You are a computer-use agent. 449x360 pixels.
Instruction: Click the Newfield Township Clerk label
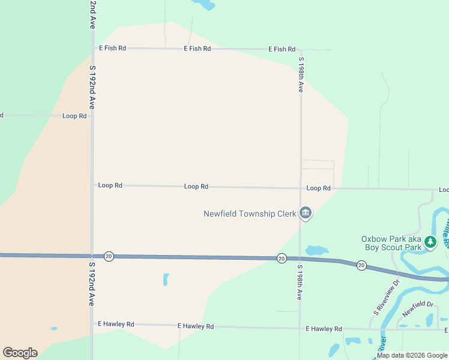pyautogui.click(x=250, y=214)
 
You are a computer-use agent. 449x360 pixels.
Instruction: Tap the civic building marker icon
pyautogui.click(x=306, y=214)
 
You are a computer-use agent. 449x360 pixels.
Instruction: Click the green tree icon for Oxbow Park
pyautogui.click(x=430, y=242)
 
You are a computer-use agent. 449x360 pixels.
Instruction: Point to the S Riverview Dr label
pyautogui.click(x=386, y=298)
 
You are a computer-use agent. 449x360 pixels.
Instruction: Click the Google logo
pyautogui.click(x=20, y=353)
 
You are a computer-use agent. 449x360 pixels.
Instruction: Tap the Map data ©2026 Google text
pyautogui.click(x=412, y=355)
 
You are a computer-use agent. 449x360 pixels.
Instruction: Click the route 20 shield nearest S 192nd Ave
pyautogui.click(x=109, y=256)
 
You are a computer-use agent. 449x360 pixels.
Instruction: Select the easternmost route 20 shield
pyautogui.click(x=361, y=265)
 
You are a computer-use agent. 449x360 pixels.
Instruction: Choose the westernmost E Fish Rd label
pyautogui.click(x=113, y=48)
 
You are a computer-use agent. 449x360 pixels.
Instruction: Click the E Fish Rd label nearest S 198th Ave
pyautogui.click(x=282, y=49)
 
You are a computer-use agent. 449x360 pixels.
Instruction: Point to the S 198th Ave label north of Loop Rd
pyautogui.click(x=301, y=74)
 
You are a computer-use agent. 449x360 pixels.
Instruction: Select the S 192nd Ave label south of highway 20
pyautogui.click(x=92, y=284)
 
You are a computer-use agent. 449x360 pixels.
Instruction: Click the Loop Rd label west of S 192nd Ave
pyautogui.click(x=74, y=116)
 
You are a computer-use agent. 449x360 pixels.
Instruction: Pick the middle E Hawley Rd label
pyautogui.click(x=196, y=326)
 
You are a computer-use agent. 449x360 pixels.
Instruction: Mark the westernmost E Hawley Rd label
pyautogui.click(x=116, y=324)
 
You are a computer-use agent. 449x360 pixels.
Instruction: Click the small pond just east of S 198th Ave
pyautogui.click(x=316, y=250)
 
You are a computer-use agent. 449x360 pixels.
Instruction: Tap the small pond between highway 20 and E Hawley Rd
pyautogui.click(x=166, y=279)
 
